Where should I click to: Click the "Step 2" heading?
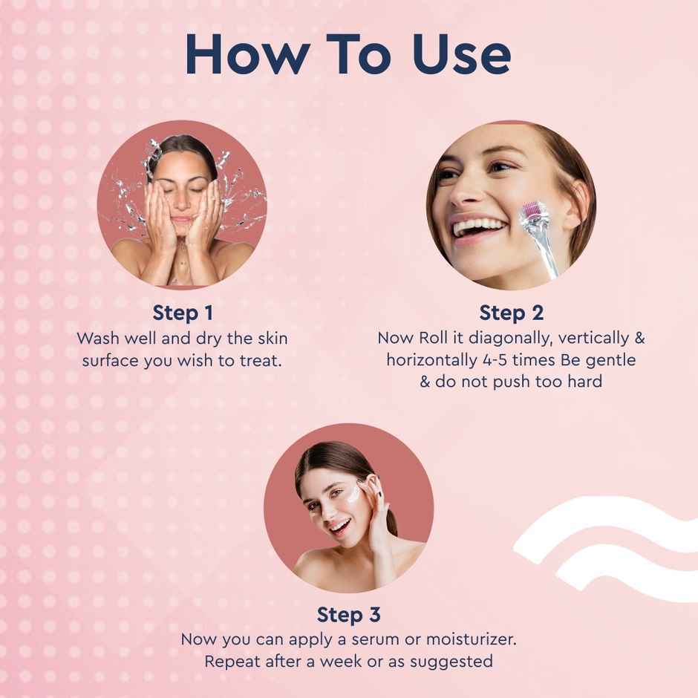(511, 313)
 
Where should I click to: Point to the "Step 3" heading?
(348, 615)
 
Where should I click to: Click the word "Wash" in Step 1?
(97, 338)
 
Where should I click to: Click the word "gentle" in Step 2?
(610, 360)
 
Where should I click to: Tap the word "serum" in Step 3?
(424, 639)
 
